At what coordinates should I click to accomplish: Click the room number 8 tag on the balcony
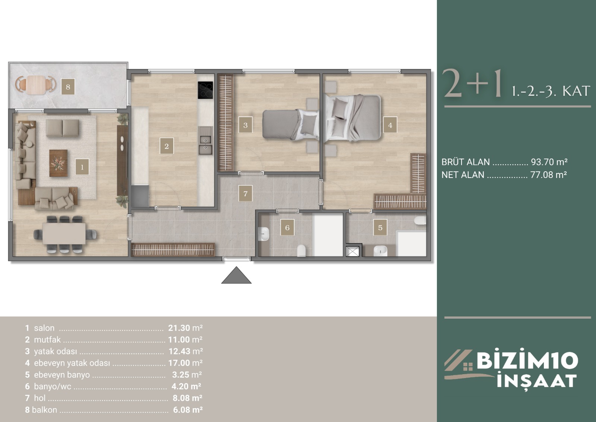[68, 87]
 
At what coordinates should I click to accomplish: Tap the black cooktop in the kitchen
[205, 90]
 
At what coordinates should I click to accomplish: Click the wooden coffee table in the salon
[58, 163]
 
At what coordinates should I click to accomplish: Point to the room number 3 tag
[245, 125]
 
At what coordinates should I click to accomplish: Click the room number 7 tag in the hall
[245, 193]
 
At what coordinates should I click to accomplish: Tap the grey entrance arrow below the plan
[236, 275]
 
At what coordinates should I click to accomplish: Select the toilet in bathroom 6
[301, 251]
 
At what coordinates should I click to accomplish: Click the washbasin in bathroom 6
[264, 234]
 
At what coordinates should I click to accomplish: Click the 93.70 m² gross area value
[549, 162]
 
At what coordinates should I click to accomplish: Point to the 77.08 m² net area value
[549, 175]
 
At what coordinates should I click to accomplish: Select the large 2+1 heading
[473, 84]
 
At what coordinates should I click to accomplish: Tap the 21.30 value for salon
[179, 328]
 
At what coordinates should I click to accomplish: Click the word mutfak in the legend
[47, 340]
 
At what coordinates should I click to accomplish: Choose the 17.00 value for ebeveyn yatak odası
[179, 363]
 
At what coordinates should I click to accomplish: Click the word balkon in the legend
[44, 410]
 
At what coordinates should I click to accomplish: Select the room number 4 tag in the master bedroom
[390, 125]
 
